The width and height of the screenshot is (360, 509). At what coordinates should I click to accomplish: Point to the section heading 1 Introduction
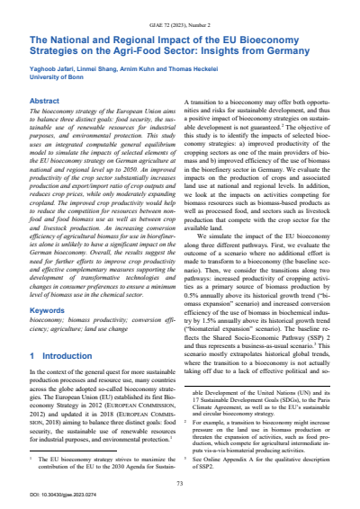tap(53, 380)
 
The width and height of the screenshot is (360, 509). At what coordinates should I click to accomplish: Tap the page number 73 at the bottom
tap(180, 483)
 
